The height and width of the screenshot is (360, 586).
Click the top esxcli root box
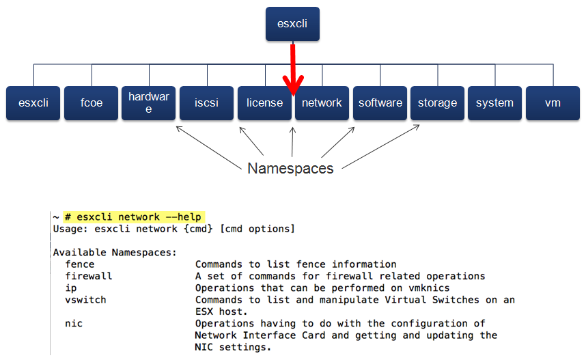click(x=292, y=24)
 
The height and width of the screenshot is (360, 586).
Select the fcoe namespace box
click(x=92, y=103)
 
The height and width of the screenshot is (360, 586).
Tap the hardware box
click(x=149, y=103)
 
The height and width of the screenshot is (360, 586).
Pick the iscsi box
click(x=206, y=103)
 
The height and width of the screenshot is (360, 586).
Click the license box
click(x=264, y=103)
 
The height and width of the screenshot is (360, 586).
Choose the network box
click(x=322, y=103)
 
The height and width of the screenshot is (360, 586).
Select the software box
click(x=380, y=103)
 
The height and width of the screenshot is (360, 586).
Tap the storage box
click(x=437, y=103)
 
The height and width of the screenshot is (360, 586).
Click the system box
click(x=494, y=103)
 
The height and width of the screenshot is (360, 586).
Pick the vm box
click(x=553, y=103)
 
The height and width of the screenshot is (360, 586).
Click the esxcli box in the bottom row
click(x=33, y=103)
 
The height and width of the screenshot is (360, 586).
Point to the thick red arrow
click(x=293, y=68)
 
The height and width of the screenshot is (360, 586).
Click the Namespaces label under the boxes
click(x=290, y=168)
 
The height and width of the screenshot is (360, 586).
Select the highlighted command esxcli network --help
click(x=134, y=217)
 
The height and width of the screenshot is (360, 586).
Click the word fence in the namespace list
click(x=80, y=264)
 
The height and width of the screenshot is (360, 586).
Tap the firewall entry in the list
click(x=89, y=276)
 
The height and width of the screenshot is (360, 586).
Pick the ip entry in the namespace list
click(x=71, y=288)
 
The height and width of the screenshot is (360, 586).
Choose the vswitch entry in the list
click(x=86, y=300)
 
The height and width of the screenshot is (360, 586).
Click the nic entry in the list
click(x=74, y=324)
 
